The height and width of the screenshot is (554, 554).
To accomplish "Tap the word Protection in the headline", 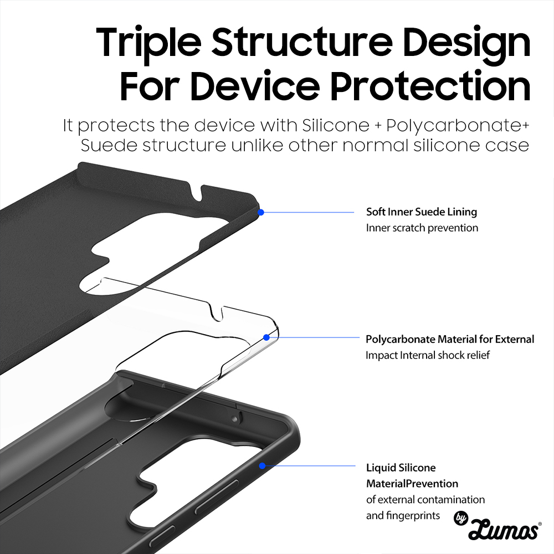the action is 430,86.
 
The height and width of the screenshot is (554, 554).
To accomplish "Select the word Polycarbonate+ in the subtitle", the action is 458,126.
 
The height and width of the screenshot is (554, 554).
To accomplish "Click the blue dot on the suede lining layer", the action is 261,212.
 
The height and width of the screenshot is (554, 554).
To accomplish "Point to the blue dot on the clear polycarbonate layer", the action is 267,337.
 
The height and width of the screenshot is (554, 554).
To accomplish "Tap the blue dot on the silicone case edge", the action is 262,466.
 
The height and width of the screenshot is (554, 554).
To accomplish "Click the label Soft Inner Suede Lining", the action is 422,212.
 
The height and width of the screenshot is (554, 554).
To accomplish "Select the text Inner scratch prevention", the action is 422,228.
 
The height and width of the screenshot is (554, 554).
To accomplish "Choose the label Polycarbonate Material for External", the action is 450,340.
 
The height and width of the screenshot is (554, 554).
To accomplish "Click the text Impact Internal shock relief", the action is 428,355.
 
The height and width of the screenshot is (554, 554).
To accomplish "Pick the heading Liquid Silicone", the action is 401,468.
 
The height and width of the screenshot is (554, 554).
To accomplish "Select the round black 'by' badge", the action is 461,518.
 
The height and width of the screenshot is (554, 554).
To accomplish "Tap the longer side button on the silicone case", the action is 216,497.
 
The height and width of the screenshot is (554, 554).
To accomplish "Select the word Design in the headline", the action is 466,44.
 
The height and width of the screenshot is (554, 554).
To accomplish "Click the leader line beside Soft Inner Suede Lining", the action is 307,212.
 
